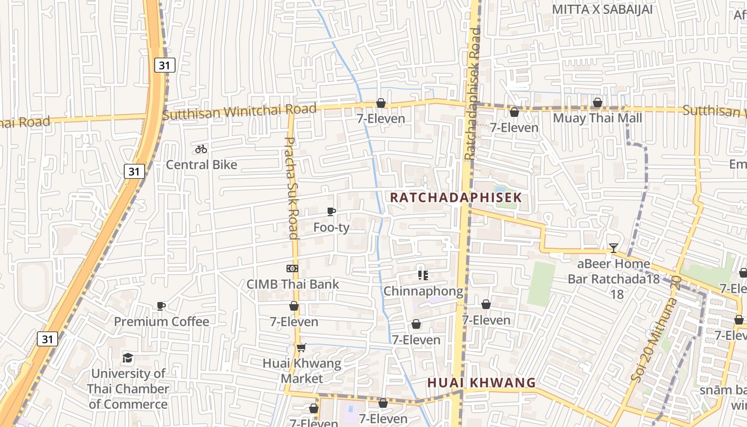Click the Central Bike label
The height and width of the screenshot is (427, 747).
click(201, 164)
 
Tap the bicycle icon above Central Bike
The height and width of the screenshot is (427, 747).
click(201, 149)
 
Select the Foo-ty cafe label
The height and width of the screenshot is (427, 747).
click(331, 227)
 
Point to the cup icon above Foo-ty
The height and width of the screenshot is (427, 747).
click(331, 212)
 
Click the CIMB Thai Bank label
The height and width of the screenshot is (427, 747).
click(292, 284)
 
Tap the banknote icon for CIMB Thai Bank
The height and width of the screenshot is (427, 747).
click(292, 268)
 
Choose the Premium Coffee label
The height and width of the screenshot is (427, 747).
click(161, 321)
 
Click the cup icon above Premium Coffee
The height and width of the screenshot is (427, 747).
click(161, 306)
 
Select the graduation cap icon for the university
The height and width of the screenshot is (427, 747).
click(128, 358)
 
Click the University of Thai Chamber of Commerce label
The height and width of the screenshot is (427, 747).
click(128, 389)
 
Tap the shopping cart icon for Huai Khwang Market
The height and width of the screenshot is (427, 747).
click(301, 348)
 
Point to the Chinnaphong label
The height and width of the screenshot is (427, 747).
click(423, 291)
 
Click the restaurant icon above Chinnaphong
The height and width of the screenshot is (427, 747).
click(423, 275)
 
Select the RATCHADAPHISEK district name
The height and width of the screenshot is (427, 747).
click(456, 197)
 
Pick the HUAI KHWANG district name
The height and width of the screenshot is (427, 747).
click(481, 383)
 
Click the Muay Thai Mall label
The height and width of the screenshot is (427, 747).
click(597, 118)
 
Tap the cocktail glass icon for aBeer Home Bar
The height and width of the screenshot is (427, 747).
click(614, 248)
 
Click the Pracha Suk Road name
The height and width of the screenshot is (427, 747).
click(291, 188)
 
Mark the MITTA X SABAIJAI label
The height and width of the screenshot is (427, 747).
click(602, 10)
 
